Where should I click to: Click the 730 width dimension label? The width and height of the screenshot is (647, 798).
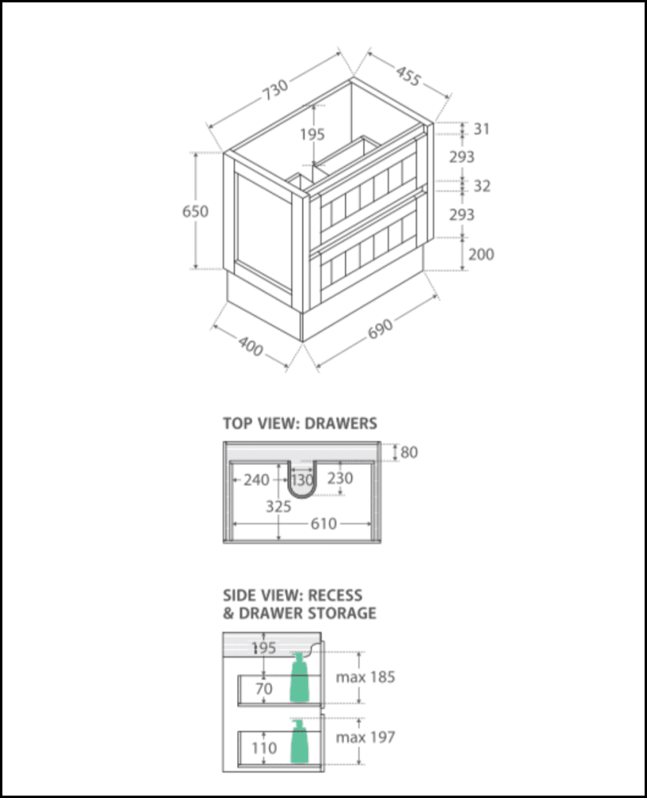(x=275, y=89)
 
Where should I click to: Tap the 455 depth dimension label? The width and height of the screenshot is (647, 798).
(x=408, y=76)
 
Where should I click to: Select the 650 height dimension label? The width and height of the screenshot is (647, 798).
(x=195, y=211)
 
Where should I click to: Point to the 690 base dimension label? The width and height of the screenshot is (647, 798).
(x=381, y=329)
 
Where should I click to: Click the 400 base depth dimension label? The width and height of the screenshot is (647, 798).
(x=251, y=346)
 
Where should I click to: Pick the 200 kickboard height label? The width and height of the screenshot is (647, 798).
(x=481, y=254)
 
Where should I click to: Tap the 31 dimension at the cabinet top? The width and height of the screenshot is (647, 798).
(x=482, y=129)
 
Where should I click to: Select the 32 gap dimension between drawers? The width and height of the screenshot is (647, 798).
(x=482, y=186)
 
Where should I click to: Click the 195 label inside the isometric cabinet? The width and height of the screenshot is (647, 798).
(x=312, y=134)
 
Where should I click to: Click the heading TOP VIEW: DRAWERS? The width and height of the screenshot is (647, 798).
(x=300, y=424)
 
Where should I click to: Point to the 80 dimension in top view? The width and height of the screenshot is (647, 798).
(x=409, y=452)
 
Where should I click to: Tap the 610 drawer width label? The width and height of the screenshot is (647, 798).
(x=324, y=523)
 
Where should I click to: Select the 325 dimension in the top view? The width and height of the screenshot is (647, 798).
(x=278, y=507)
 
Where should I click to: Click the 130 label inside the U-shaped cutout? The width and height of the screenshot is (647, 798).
(x=302, y=480)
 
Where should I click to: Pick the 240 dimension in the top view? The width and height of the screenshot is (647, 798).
(x=256, y=480)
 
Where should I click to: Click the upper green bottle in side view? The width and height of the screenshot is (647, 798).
(x=299, y=678)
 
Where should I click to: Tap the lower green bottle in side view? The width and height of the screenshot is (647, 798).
(x=299, y=741)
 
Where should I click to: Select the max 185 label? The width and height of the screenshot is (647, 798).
(x=365, y=678)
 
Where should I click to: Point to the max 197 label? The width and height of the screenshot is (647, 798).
(x=365, y=737)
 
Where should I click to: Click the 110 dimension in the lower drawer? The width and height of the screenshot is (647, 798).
(x=264, y=749)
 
